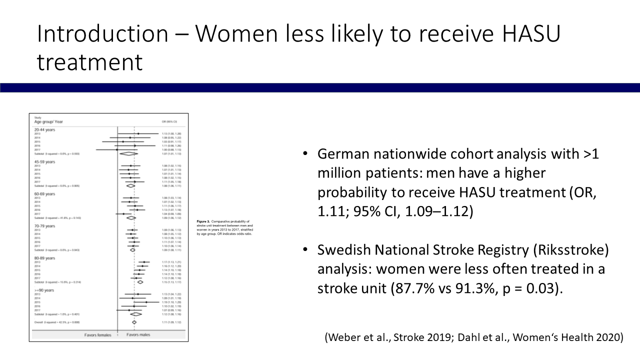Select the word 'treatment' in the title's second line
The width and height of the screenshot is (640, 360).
click(89, 63)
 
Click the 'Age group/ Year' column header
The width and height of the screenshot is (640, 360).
click(48, 121)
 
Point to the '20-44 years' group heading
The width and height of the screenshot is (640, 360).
click(44, 129)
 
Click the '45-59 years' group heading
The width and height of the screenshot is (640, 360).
click(44, 161)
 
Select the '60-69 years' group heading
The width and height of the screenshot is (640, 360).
click(44, 193)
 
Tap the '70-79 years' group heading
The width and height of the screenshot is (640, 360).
click(44, 226)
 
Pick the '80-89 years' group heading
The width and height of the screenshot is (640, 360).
click(44, 258)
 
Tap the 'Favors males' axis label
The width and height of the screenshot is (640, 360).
click(137, 334)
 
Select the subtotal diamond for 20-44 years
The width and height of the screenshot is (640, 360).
click(129, 153)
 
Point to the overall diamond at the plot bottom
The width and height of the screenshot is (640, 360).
click(134, 322)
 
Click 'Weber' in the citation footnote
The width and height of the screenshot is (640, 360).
click(346, 337)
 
